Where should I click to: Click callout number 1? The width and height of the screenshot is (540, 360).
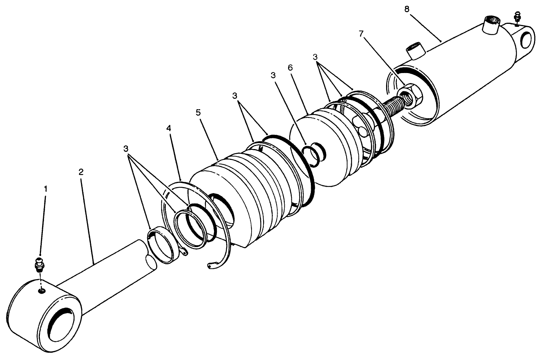[x=46, y=189]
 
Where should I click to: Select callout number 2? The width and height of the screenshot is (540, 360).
[x=81, y=172]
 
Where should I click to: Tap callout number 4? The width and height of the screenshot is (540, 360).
[x=169, y=128]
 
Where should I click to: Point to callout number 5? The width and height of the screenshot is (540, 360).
[x=198, y=112]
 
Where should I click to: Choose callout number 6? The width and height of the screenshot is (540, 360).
[x=290, y=68]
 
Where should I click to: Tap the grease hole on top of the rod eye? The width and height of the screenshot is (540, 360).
[x=42, y=291]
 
